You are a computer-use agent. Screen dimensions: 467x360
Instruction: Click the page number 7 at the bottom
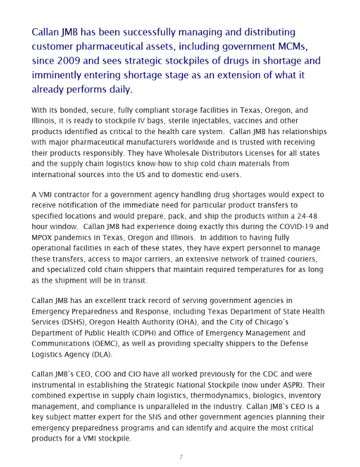[181, 457]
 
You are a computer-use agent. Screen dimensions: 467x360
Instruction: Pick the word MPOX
[44, 238]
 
